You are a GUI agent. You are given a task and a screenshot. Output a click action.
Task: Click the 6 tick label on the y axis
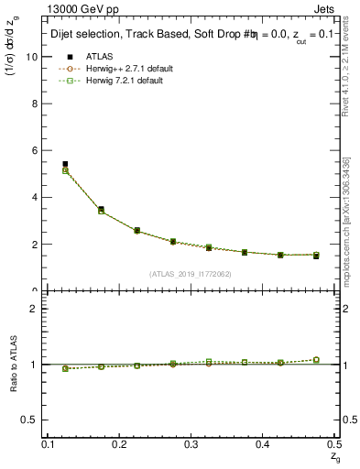(34, 150)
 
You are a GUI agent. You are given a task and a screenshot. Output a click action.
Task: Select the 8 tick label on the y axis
(34, 103)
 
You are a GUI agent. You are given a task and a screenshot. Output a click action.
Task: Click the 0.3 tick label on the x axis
(191, 443)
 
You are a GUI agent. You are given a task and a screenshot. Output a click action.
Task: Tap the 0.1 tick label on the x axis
(49, 443)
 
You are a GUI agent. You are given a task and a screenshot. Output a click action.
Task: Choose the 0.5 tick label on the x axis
(333, 443)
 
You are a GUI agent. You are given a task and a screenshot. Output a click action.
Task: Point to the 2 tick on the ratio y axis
(34, 309)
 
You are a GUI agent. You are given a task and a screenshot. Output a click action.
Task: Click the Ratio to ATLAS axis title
(14, 365)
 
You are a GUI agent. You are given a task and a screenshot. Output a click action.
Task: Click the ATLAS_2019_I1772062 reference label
(191, 274)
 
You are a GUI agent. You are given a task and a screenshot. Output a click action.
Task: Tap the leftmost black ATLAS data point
(65, 164)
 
